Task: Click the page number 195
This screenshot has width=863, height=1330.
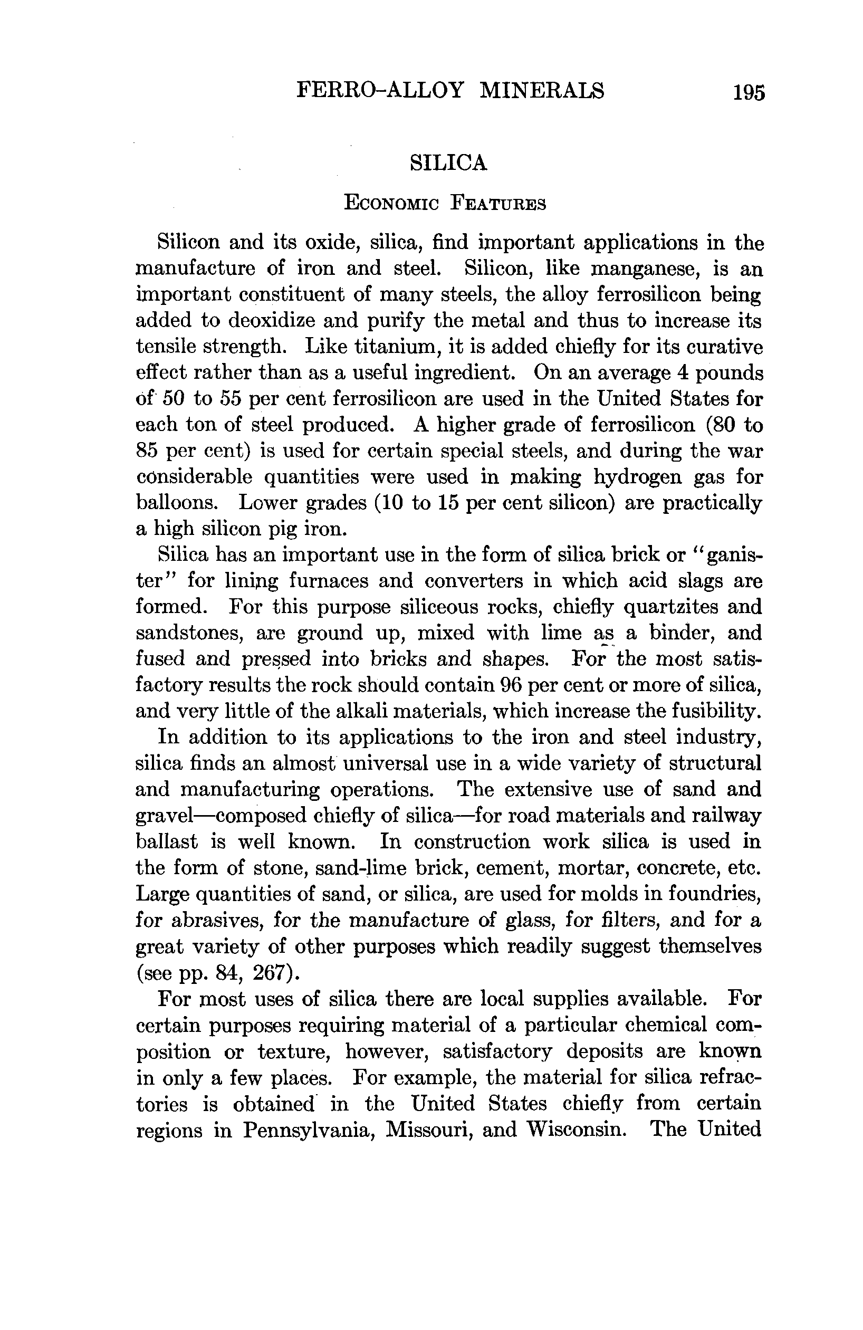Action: point(749,92)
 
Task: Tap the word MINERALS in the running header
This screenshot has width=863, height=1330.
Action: point(542,91)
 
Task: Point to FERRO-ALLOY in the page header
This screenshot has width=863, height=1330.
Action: point(380,91)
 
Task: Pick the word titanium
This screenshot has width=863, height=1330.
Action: point(395,347)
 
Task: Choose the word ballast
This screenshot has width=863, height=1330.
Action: point(167,841)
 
